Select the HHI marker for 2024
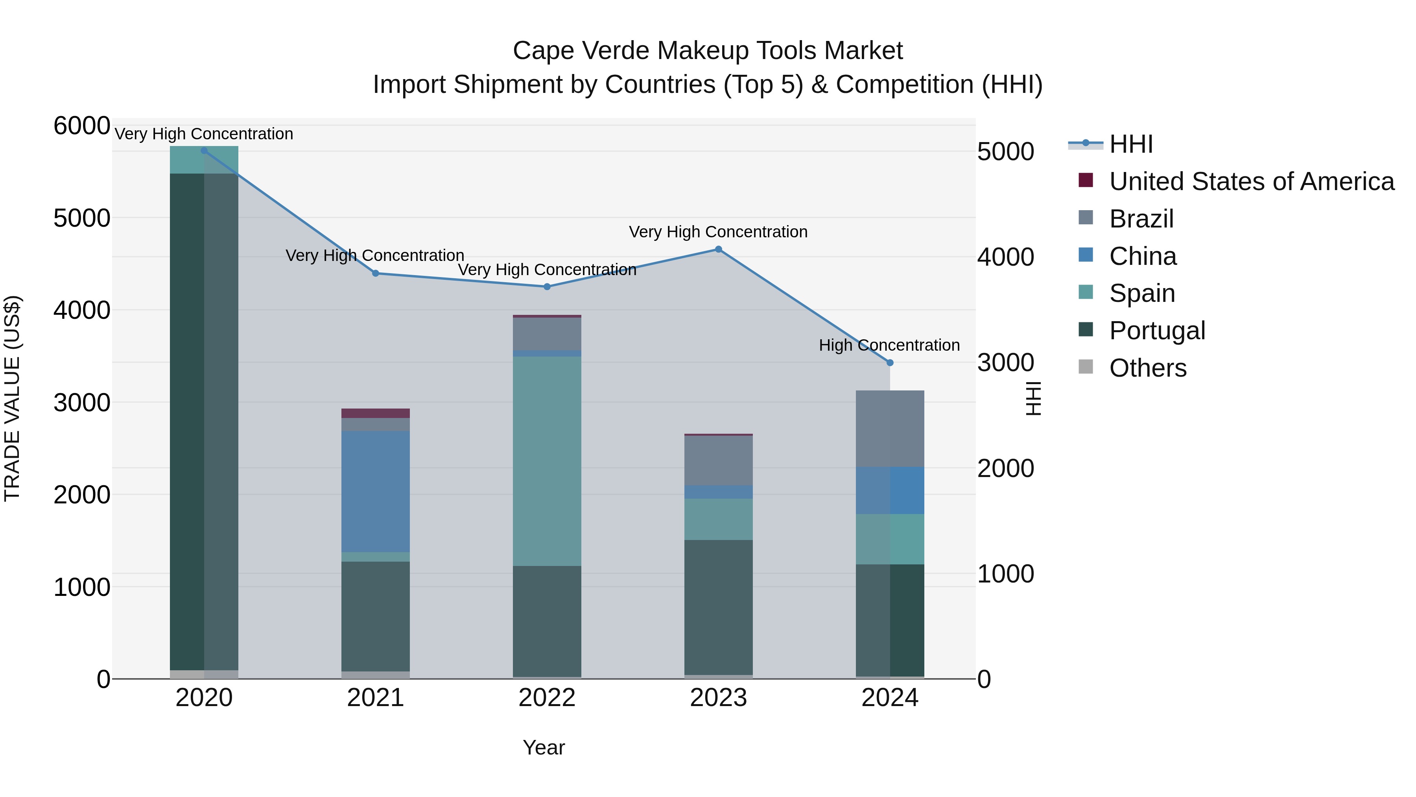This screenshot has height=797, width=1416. tap(890, 362)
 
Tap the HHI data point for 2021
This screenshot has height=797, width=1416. tap(376, 274)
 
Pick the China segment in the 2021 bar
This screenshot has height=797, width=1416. tap(376, 491)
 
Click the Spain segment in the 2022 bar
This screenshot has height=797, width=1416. tap(547, 461)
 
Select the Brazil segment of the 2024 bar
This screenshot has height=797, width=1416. tap(890, 429)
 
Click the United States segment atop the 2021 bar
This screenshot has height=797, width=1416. tap(376, 413)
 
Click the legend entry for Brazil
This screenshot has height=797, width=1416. tap(1141, 219)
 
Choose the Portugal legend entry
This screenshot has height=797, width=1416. tap(1156, 331)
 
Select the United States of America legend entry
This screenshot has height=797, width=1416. tap(1251, 181)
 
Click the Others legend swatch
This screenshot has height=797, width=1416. tap(1086, 367)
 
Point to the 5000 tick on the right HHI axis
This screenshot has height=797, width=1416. tap(1005, 152)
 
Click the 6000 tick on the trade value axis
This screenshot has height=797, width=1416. tap(81, 126)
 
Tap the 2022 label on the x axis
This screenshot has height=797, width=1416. tap(547, 698)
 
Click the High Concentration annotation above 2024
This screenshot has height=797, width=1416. tap(889, 346)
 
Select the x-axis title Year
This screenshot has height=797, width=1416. tap(544, 747)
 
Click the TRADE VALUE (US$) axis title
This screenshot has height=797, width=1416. tap(12, 398)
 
